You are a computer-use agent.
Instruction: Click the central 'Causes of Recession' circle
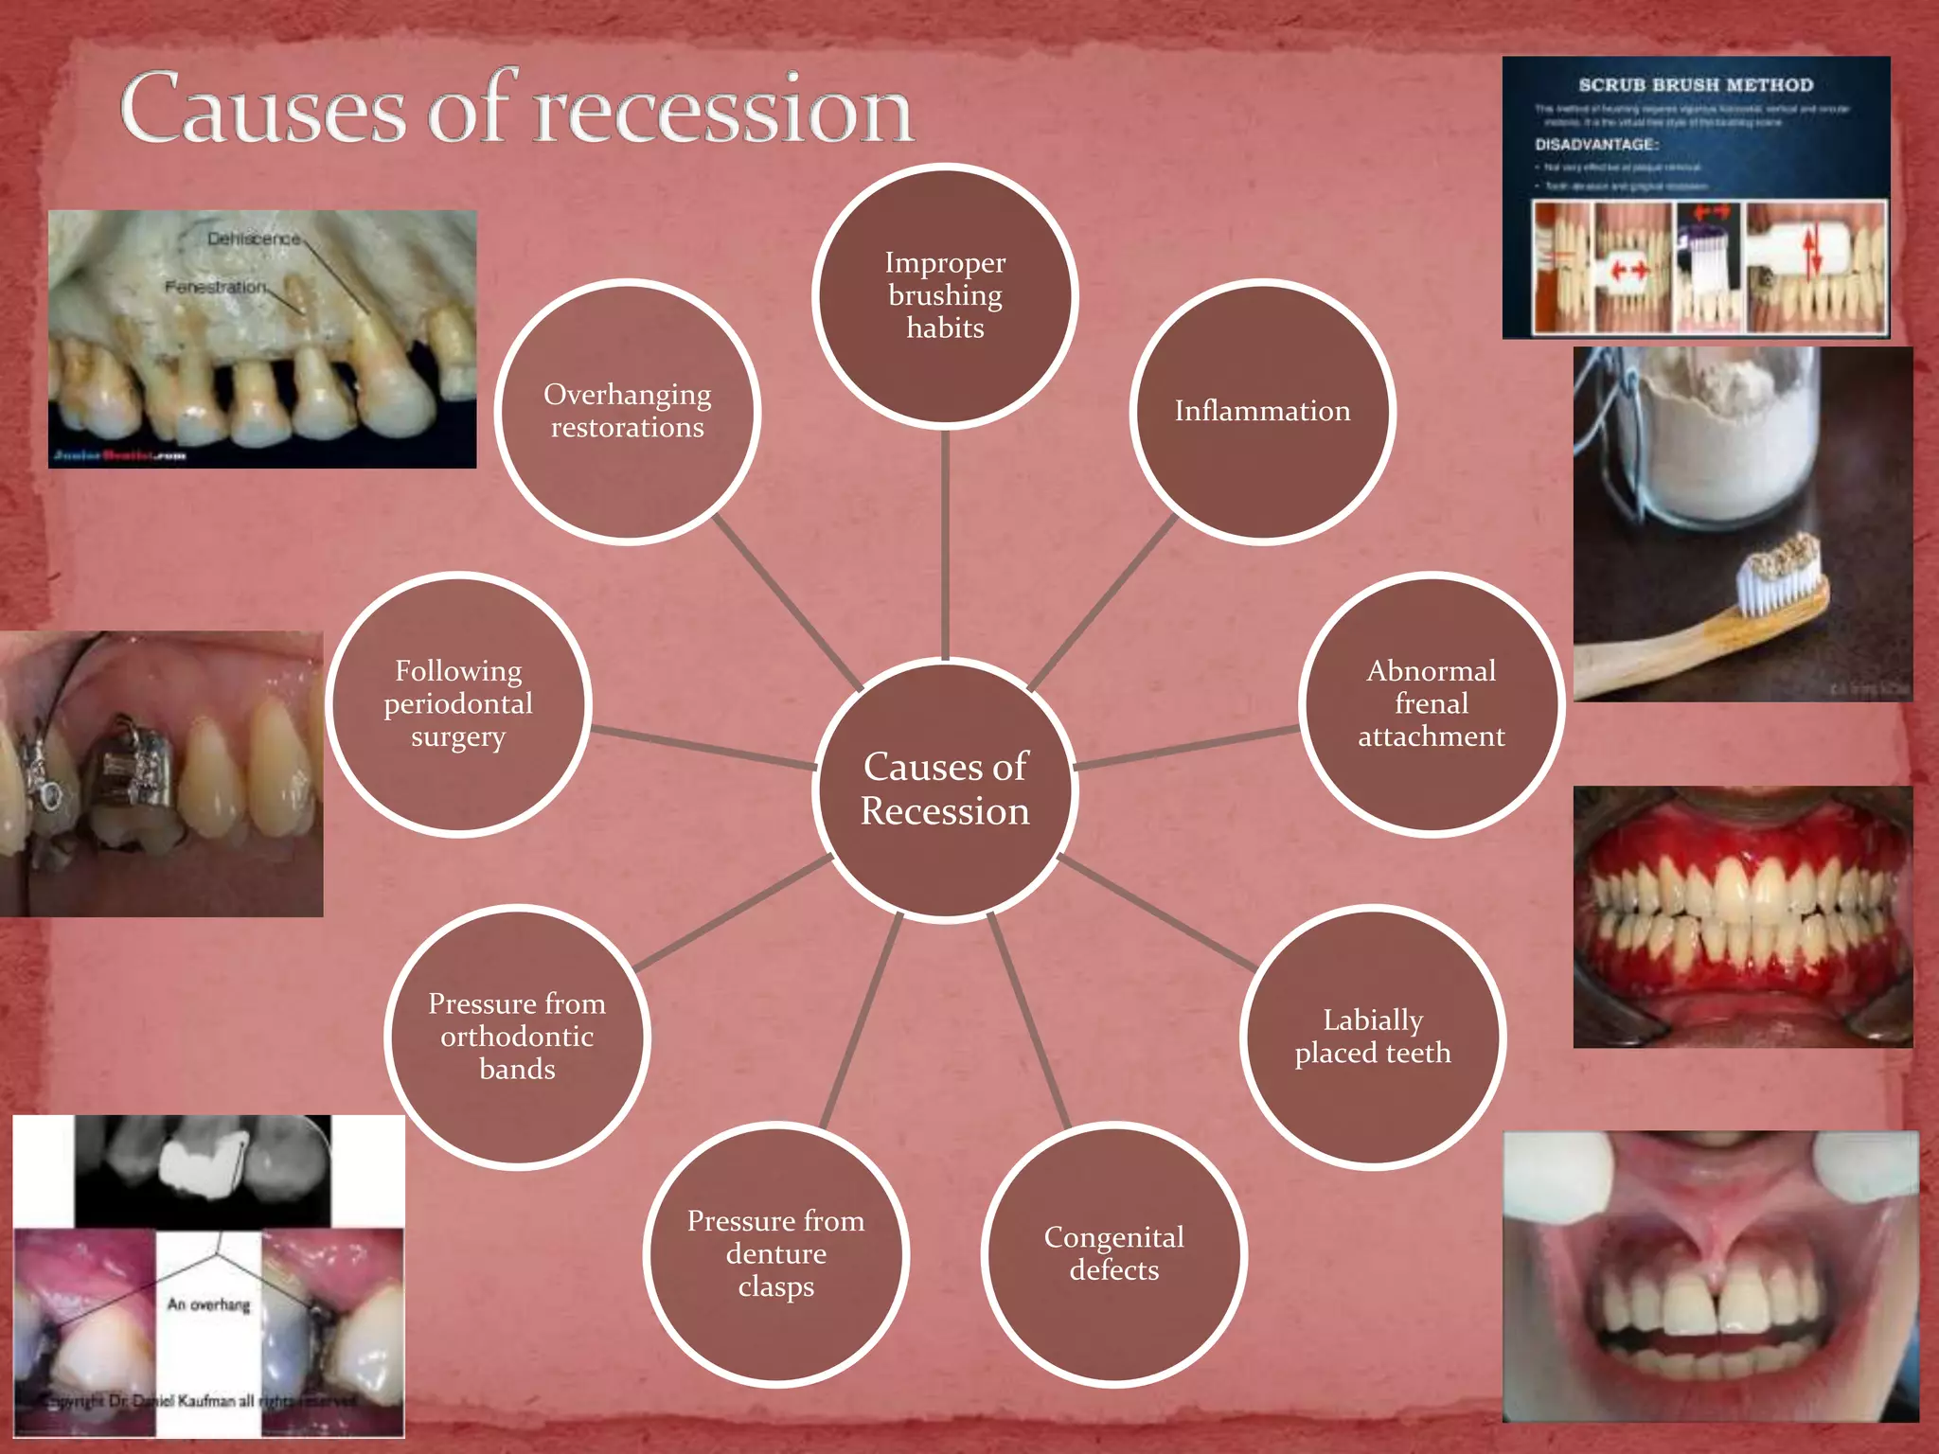945,789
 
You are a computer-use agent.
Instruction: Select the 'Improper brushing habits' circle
945,295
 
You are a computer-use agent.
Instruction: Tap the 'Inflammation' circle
1262,411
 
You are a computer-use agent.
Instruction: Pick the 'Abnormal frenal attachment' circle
1431,703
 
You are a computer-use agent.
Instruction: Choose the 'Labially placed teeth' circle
1372,1037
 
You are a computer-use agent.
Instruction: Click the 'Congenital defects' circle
1113,1253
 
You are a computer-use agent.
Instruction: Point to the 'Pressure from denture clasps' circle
775,1253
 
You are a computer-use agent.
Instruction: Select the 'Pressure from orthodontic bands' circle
517,1037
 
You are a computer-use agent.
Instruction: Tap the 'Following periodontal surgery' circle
458,703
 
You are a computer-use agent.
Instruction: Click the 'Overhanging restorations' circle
627,411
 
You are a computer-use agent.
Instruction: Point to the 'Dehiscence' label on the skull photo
253,239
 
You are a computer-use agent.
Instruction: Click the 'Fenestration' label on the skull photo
214,286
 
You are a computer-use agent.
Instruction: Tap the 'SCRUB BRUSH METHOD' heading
1696,85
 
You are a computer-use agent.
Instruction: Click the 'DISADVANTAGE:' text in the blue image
1596,145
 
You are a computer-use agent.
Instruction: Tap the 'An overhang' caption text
208,1304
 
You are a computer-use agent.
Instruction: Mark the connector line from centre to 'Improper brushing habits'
945,544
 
